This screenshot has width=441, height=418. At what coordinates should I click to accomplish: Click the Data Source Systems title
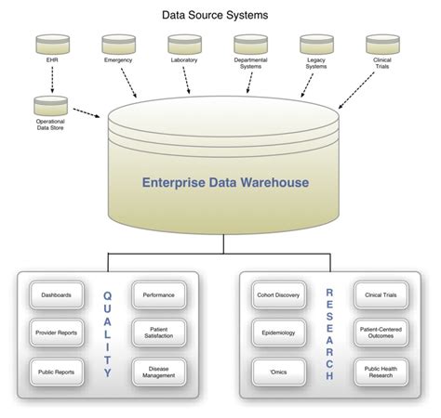pyautogui.click(x=220, y=14)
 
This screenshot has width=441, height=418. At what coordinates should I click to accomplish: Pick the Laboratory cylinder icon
pyautogui.click(x=184, y=43)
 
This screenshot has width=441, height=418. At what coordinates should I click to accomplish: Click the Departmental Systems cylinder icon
pyautogui.click(x=250, y=43)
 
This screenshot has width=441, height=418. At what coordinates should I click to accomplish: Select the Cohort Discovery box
pyautogui.click(x=280, y=294)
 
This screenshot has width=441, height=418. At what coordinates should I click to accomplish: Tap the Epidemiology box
pyautogui.click(x=280, y=333)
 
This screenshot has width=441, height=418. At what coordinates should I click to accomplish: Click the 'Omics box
pyautogui.click(x=280, y=371)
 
